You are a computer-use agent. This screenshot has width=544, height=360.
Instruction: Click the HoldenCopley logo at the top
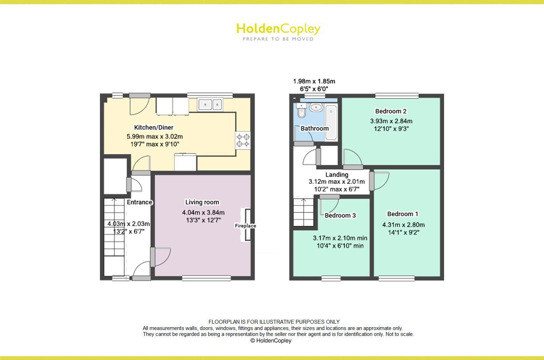[x=278, y=29]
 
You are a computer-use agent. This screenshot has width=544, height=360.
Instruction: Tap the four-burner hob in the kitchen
[x=243, y=140]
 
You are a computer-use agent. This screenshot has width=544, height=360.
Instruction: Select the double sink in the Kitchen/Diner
[x=210, y=104]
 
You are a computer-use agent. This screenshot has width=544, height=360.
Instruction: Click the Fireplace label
[x=245, y=226]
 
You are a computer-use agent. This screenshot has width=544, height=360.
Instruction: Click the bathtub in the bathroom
[x=331, y=122]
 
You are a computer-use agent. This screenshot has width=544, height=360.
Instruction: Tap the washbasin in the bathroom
[x=316, y=107]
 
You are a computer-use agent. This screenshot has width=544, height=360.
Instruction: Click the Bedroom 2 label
[x=391, y=111]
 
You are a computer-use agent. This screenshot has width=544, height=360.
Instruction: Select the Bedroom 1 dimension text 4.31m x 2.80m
[x=403, y=225]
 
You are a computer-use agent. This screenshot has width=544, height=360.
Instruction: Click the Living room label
[x=202, y=202]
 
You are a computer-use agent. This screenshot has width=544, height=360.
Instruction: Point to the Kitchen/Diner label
[x=154, y=127]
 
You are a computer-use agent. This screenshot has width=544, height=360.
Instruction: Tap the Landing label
[x=337, y=175]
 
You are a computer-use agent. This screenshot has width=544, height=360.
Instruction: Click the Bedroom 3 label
[x=340, y=215]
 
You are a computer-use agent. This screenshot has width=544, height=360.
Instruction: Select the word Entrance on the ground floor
[x=139, y=202]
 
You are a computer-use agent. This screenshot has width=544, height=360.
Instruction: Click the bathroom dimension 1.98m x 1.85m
[x=314, y=81]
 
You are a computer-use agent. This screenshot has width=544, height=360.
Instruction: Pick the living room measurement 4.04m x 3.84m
[x=203, y=212]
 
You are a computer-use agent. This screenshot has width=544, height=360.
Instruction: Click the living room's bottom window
[x=206, y=278]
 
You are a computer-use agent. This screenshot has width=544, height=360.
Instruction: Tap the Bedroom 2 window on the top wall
[x=397, y=95]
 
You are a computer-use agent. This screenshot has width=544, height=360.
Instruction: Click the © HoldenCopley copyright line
[x=271, y=340]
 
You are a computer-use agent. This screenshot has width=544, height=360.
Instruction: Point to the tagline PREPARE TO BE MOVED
[x=278, y=39]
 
